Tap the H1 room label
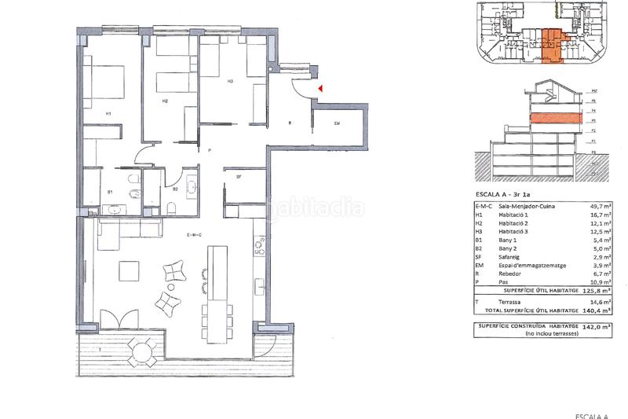pyautogui.click(x=109, y=115)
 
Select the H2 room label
pyautogui.click(x=165, y=101)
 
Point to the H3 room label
pyautogui.click(x=231, y=81)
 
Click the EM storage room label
pyautogui.click(x=338, y=123)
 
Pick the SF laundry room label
pyautogui.click(x=238, y=178)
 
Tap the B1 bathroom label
pyautogui.click(x=111, y=191)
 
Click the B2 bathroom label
pyautogui.click(x=175, y=189)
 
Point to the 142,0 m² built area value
pyautogui.click(x=598, y=326)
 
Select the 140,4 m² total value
pyautogui.click(x=598, y=311)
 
